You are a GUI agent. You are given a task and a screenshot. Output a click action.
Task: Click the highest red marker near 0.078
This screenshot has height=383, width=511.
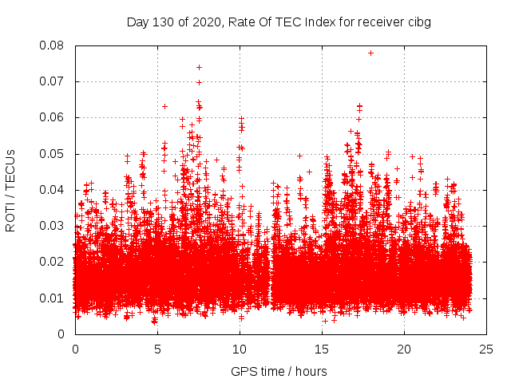(x=370, y=53)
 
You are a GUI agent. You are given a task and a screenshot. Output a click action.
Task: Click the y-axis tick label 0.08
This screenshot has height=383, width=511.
(x=53, y=45)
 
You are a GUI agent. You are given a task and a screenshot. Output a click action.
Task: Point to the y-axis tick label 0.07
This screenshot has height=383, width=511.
(x=53, y=81)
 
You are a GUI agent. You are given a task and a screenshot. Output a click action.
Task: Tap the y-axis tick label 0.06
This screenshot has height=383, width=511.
(x=53, y=117)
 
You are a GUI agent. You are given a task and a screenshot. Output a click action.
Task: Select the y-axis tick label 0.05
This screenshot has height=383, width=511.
(x=53, y=153)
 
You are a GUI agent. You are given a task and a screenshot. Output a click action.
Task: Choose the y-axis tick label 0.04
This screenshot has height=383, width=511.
(x=53, y=190)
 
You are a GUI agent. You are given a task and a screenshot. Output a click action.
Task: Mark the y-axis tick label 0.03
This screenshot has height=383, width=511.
(x=53, y=226)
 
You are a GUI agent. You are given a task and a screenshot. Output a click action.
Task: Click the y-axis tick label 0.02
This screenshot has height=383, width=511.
(x=53, y=262)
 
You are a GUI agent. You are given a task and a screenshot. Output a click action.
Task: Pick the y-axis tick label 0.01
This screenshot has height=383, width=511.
(x=53, y=298)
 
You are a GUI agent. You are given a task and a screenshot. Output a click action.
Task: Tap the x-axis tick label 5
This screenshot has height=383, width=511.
(x=157, y=349)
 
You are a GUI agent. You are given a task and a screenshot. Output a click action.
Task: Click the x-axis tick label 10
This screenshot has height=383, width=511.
(x=240, y=349)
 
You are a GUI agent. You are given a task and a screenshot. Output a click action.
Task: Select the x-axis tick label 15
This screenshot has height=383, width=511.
(x=322, y=349)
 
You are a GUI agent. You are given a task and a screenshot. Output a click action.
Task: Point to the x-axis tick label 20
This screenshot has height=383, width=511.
(x=404, y=349)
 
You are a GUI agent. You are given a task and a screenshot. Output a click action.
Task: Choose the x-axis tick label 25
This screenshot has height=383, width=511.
(x=486, y=349)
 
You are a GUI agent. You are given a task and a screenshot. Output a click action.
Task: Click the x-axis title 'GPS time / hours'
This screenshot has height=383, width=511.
(x=279, y=371)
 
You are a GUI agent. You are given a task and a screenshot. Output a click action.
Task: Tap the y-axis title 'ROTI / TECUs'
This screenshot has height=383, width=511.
(x=11, y=190)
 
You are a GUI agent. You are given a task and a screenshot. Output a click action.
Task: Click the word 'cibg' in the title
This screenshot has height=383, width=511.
(x=419, y=22)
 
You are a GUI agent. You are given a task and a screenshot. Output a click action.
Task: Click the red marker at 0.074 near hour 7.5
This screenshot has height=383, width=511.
(x=199, y=67)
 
